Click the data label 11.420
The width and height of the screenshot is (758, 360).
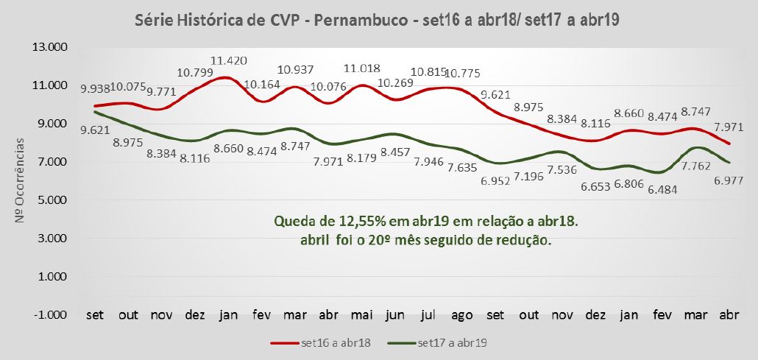(x=229, y=60)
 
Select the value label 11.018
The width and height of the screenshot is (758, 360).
(x=362, y=68)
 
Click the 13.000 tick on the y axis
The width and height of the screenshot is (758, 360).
(x=50, y=47)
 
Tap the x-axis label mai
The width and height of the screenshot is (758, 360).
(x=361, y=315)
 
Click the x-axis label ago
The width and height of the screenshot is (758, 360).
(x=461, y=315)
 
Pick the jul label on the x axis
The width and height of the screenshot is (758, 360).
(x=428, y=315)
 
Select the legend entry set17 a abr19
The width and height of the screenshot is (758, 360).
(x=453, y=342)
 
